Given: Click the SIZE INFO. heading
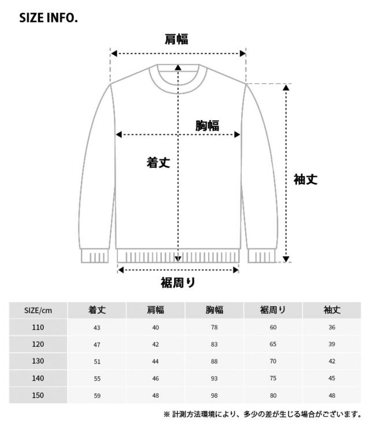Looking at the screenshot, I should (x=49, y=18).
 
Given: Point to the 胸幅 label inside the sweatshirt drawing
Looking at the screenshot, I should (x=207, y=125).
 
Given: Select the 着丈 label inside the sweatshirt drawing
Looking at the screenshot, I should (x=158, y=163).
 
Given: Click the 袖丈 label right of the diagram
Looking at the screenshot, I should (x=305, y=179).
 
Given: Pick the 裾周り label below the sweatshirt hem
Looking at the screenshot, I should (x=177, y=283).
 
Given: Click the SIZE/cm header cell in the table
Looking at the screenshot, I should (x=38, y=310).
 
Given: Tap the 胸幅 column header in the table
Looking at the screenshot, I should (x=214, y=310).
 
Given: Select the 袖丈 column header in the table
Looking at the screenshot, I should (x=332, y=310).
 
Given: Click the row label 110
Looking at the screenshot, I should (x=38, y=327).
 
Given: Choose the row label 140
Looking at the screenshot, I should (x=38, y=379).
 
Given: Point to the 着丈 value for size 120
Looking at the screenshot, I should (x=97, y=344).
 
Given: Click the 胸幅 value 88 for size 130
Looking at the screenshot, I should (x=214, y=362).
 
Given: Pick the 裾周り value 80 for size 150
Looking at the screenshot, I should (x=273, y=396).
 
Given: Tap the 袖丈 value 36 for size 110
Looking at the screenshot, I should (x=332, y=328).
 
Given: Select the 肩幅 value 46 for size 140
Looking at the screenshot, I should (x=156, y=379).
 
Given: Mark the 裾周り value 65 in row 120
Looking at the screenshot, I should (x=273, y=344).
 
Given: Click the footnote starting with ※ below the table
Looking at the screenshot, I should (x=262, y=414).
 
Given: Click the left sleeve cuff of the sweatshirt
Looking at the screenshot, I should (x=95, y=256).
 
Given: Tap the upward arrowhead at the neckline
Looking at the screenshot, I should (x=178, y=68).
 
